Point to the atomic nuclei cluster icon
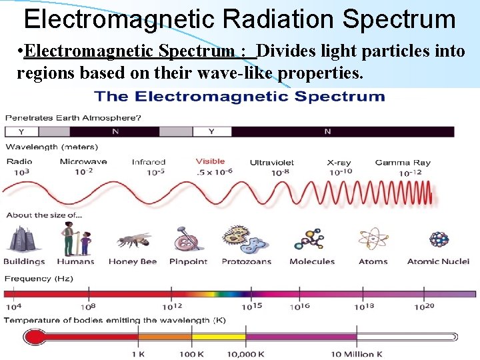[438, 239]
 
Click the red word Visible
[211, 161]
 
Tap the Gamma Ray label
[403, 162]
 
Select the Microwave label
[83, 161]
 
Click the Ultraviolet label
[272, 162]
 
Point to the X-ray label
[339, 162]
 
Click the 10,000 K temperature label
[246, 354]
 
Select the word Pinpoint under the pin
[188, 261]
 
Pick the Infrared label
[148, 162]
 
